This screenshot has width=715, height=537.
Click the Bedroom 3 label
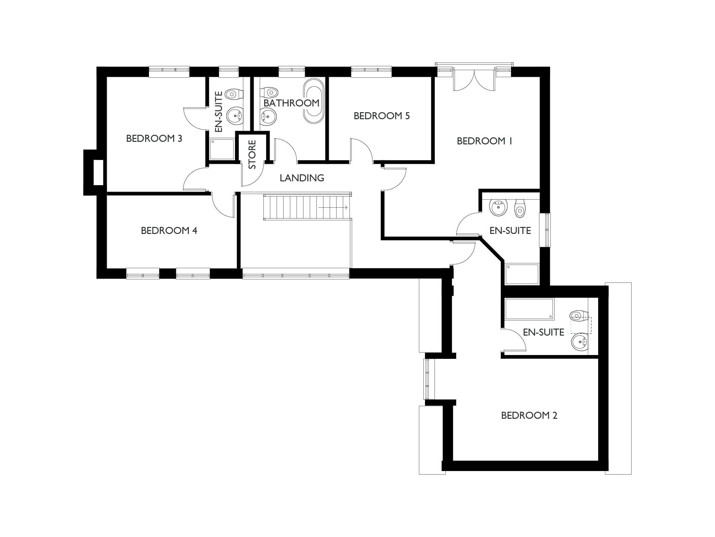click(154, 139)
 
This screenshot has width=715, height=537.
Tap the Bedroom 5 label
click(381, 116)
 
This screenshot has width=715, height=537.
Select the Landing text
click(301, 178)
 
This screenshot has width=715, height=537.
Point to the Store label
click(252, 154)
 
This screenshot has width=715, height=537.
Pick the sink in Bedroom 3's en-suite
click(235, 116)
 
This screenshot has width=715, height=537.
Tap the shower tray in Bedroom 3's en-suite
click(222, 149)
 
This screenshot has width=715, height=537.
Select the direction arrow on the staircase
click(333, 207)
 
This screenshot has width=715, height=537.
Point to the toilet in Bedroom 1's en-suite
click(520, 208)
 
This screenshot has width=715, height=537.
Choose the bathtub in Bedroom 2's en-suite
click(529, 309)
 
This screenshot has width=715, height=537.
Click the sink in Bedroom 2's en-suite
click(580, 342)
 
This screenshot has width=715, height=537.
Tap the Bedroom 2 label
click(529, 415)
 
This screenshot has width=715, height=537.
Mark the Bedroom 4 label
click(169, 230)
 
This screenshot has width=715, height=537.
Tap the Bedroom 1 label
click(484, 141)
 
